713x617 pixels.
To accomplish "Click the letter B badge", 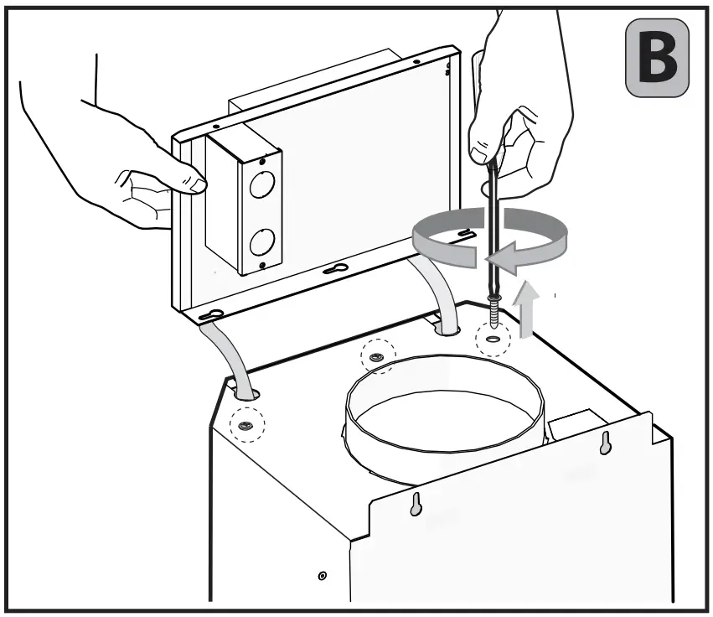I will (x=658, y=56).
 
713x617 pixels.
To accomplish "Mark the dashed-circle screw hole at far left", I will (x=246, y=426).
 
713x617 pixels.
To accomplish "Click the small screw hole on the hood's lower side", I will (x=323, y=576).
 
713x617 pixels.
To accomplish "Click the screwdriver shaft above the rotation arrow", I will (x=488, y=189).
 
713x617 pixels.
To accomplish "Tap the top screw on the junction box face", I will (x=264, y=158).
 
